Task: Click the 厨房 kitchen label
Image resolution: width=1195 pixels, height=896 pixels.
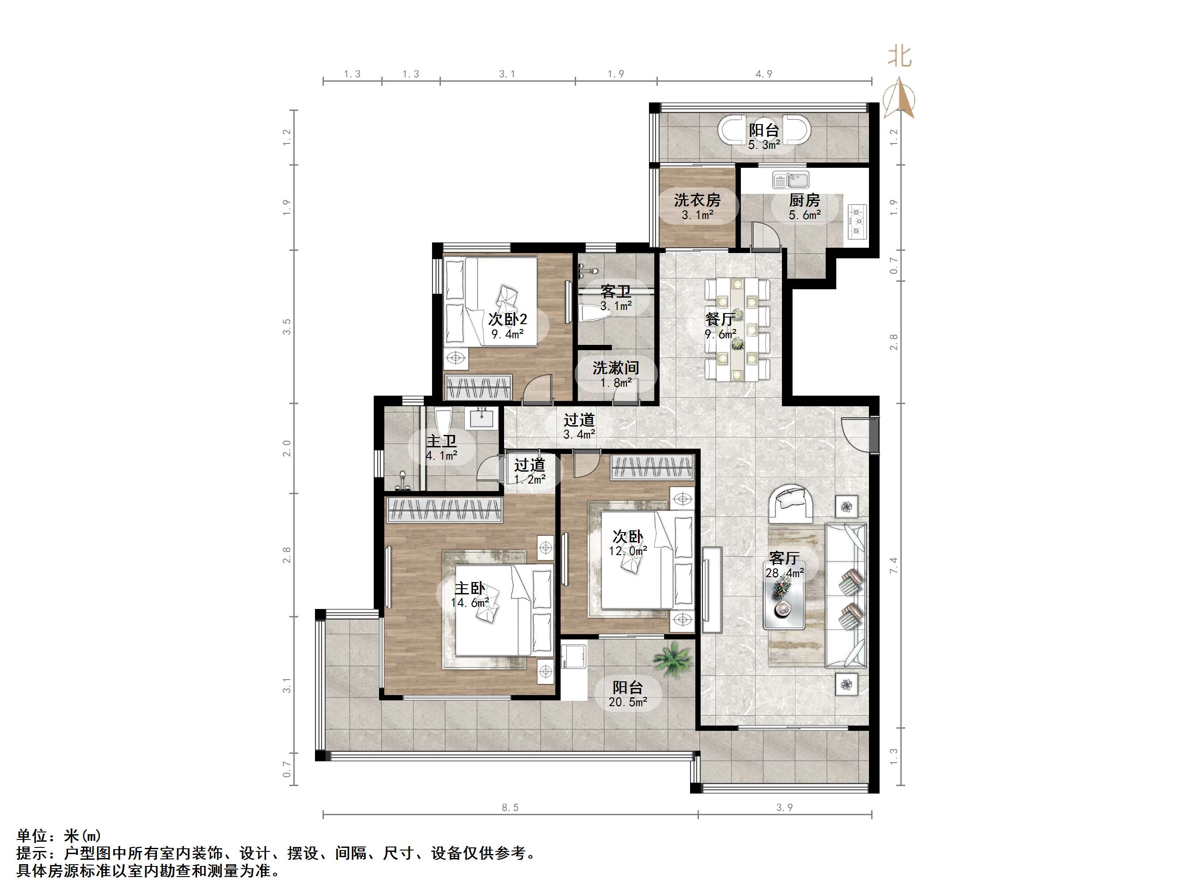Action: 804,201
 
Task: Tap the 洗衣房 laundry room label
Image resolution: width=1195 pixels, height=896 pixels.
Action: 697,200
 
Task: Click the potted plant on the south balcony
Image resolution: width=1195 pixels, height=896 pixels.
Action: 672,658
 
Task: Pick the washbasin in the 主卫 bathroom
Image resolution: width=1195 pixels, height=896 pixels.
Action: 482,417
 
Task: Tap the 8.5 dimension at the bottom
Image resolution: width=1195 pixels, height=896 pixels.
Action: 509,807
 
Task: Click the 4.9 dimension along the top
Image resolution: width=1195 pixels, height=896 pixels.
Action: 764,74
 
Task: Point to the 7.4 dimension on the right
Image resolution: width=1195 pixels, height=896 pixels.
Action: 894,565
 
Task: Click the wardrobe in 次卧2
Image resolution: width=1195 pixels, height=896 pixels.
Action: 478,387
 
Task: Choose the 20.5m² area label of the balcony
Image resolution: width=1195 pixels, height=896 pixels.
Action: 628,702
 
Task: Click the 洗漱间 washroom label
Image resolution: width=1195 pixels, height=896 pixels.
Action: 615,368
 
